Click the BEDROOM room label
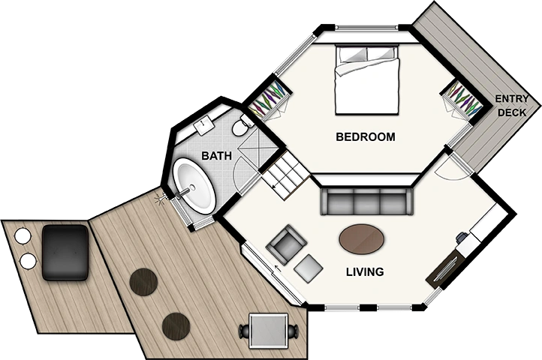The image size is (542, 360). (x=366, y=136)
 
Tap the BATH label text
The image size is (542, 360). (x=217, y=156)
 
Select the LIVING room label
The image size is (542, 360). (x=365, y=272)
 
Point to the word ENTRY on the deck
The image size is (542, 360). (x=512, y=99)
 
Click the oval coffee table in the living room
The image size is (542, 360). (x=361, y=239)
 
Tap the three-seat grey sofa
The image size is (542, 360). (x=367, y=202)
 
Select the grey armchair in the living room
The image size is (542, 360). (x=286, y=244)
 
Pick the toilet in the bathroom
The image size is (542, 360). (x=241, y=127)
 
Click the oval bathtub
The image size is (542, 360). (x=194, y=185)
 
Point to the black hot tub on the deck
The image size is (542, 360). (x=65, y=253)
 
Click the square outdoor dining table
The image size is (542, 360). (x=269, y=331)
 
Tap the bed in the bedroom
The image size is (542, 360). (x=367, y=79)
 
